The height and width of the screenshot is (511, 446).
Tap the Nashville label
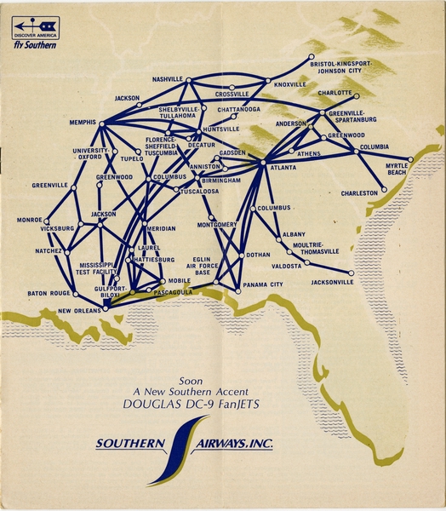click(168, 78)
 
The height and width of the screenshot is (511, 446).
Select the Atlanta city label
click(284, 169)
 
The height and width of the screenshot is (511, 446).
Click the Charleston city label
click(359, 192)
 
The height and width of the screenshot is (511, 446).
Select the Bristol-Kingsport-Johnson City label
click(341, 67)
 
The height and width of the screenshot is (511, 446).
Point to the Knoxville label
click(290, 84)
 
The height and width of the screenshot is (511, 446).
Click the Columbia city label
click(374, 146)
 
